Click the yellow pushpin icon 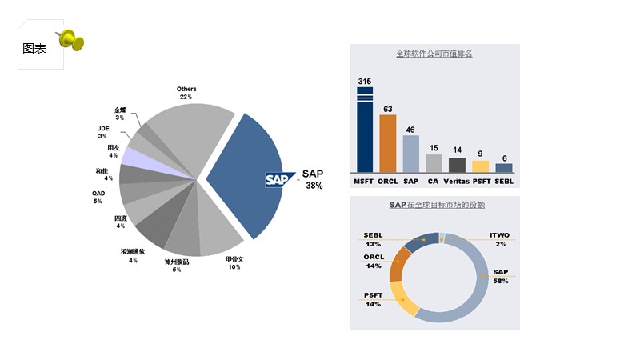coord(71,40)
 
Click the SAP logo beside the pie coord(281,180)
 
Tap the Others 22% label coord(186,93)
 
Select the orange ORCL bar coord(388,144)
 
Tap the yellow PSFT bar coord(480,166)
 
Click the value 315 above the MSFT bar coord(365,82)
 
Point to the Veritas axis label coord(456,182)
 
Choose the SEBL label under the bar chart coord(504,182)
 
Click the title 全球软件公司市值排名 coord(434,54)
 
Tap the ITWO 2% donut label coord(501,240)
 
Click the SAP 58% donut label coord(501,277)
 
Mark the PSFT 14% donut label coord(373,300)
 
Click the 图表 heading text coord(35,48)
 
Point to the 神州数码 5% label coord(177,266)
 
